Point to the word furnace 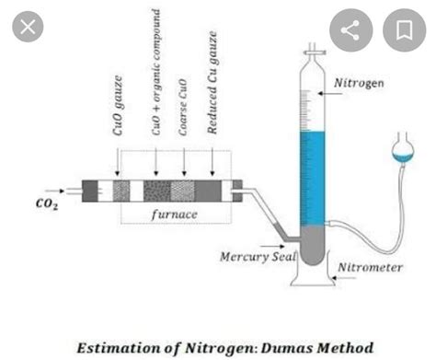click(174, 214)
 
